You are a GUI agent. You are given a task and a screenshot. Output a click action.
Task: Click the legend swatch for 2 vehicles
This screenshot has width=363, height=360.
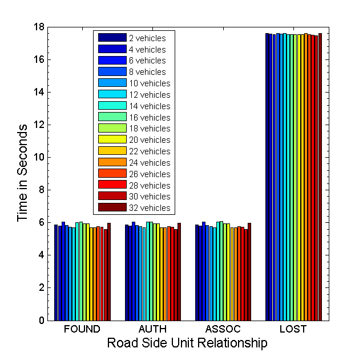coord(112,38)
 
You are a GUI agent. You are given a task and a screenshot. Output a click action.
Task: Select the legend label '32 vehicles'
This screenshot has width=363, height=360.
coord(150,208)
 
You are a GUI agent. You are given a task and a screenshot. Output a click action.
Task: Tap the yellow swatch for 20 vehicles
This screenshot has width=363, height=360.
coord(112,139)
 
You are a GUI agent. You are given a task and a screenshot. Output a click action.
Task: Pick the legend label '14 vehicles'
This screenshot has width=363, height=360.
coord(150,106)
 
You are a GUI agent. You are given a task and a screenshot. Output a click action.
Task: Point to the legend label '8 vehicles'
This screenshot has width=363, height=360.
coord(147,72)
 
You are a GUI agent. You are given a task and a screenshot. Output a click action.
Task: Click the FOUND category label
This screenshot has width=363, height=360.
coord(82,329)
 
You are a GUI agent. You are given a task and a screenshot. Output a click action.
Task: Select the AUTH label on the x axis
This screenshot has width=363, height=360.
coord(152,329)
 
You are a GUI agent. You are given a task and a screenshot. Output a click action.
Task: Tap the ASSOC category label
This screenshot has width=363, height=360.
coord(223,329)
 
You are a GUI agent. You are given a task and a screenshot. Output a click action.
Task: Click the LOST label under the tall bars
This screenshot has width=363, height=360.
coord(293,329)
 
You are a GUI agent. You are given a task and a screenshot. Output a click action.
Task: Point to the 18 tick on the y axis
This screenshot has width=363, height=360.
coord(38,27)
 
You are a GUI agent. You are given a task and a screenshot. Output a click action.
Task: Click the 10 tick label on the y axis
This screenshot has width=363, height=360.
coord(38,157)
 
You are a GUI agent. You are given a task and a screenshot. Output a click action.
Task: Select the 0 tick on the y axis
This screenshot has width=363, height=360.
coord(41,321)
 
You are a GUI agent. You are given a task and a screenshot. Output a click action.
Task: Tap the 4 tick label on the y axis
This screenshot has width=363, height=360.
coord(41,255)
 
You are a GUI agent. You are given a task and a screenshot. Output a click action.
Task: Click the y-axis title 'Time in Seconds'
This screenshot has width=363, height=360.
coord(22,174)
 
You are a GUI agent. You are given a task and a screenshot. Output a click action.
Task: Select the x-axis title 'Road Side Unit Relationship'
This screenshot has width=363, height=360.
coord(187,343)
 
